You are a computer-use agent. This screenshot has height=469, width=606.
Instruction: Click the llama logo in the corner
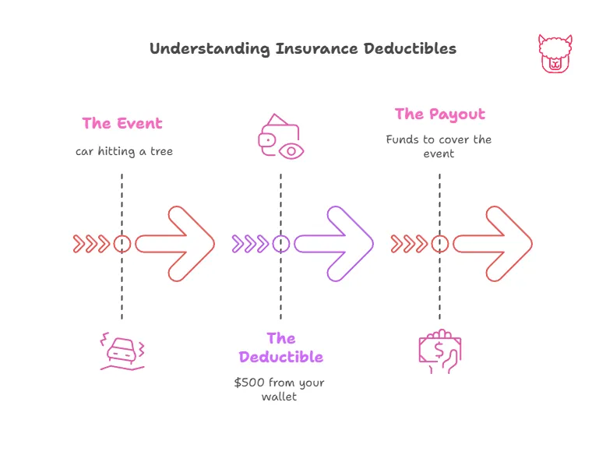pos(555,54)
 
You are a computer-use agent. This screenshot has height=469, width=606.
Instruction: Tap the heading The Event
pos(122,123)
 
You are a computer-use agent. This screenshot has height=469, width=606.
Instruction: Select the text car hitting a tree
pos(124,150)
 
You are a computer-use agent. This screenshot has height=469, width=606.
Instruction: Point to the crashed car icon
pos(122,351)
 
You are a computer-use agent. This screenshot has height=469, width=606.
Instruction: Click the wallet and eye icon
pos(280,137)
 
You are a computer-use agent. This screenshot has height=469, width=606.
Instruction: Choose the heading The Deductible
pos(281,347)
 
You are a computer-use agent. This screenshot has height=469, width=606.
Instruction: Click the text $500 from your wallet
pos(280,390)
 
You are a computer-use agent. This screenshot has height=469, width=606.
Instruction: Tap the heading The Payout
pos(439,114)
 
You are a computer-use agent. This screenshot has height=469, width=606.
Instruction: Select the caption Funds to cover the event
pos(439,146)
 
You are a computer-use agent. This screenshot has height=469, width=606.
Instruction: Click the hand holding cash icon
pos(439,351)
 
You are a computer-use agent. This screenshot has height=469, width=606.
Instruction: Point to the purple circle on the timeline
pos(281,244)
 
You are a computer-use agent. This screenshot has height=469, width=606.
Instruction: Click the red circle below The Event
pos(122,244)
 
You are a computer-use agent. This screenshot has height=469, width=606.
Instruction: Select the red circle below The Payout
pos(440,244)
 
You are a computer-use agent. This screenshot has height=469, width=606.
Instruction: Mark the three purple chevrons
pos(250,244)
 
